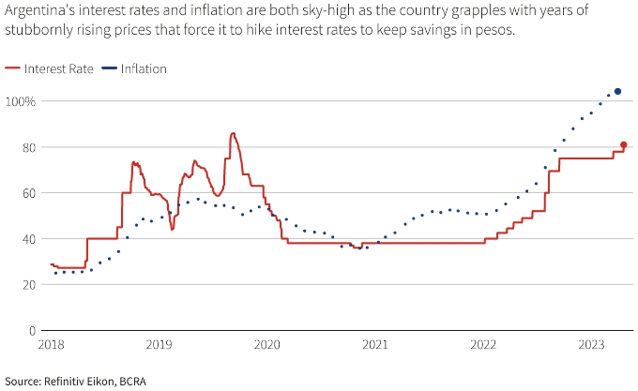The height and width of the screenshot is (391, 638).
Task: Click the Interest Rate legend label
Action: point(58,68)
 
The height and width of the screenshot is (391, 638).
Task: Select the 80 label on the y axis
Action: point(28,147)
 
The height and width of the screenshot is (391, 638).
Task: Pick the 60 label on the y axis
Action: point(28,193)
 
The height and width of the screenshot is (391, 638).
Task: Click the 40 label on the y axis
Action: point(28,239)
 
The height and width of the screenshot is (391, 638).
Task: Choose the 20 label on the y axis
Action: point(28,285)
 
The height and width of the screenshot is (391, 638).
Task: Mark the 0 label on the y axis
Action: point(32,331)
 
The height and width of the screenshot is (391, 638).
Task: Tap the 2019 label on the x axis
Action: point(159,346)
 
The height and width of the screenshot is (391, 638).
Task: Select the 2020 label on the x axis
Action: point(266,346)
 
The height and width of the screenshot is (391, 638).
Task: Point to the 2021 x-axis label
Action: point(375,346)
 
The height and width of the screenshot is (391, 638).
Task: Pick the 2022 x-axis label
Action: point(483,346)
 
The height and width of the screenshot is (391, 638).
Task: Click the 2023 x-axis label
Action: point(592,346)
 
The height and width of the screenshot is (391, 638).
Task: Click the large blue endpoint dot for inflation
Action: point(618,91)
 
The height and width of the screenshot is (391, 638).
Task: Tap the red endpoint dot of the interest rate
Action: point(624,144)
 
